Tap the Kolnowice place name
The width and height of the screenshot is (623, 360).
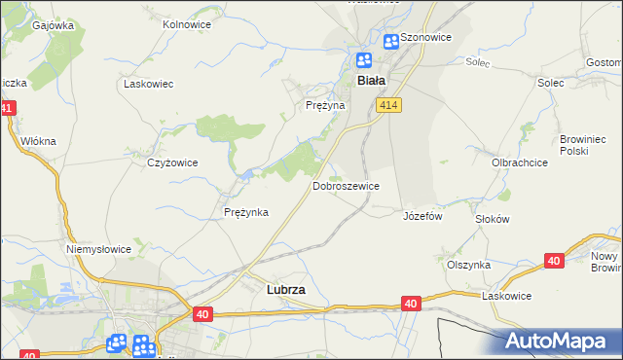(x=187, y=23)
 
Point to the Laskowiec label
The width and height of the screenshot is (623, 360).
(x=148, y=84)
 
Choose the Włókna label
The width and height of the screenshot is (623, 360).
(x=39, y=140)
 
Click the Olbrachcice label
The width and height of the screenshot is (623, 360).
(x=518, y=162)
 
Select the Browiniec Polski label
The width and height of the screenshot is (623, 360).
(x=582, y=146)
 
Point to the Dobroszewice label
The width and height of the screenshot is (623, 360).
(x=346, y=185)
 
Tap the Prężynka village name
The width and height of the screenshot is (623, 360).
(x=245, y=212)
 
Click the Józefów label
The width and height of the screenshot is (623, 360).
(x=422, y=216)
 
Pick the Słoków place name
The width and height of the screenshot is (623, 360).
(x=492, y=219)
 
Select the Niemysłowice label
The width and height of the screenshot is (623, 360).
(x=98, y=249)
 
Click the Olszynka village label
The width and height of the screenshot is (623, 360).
(x=468, y=265)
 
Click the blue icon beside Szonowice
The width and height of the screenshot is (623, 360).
(x=390, y=41)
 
